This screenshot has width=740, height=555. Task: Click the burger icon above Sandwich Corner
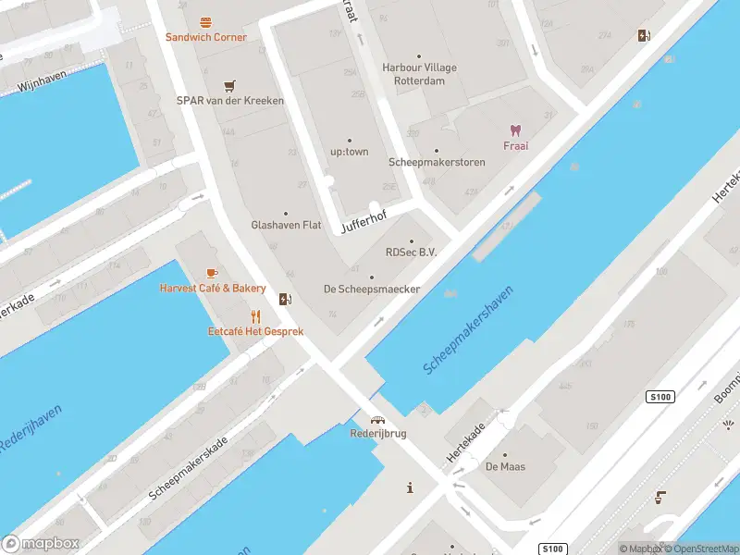[x=205, y=21]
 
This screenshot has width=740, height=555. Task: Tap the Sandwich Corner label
[x=205, y=37]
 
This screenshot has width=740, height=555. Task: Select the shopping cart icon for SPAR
[x=229, y=85]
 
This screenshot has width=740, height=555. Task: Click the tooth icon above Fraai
[x=515, y=130]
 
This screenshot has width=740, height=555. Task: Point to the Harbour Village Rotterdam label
[x=419, y=74]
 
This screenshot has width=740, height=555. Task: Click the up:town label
[x=350, y=152]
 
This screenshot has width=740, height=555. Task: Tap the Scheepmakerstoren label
[x=437, y=163]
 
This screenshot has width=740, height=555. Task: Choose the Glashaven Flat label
[x=286, y=225]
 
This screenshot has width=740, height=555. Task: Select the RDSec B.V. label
[x=411, y=252]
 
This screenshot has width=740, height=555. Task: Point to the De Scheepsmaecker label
[x=372, y=289]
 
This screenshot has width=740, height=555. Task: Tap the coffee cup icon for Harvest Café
[x=212, y=273]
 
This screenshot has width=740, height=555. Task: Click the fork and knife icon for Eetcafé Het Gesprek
[x=255, y=316]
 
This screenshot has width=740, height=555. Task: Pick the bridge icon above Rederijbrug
[x=377, y=419]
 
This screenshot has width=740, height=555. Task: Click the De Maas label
[x=505, y=466]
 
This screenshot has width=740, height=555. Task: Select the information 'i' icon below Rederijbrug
[x=410, y=487]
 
